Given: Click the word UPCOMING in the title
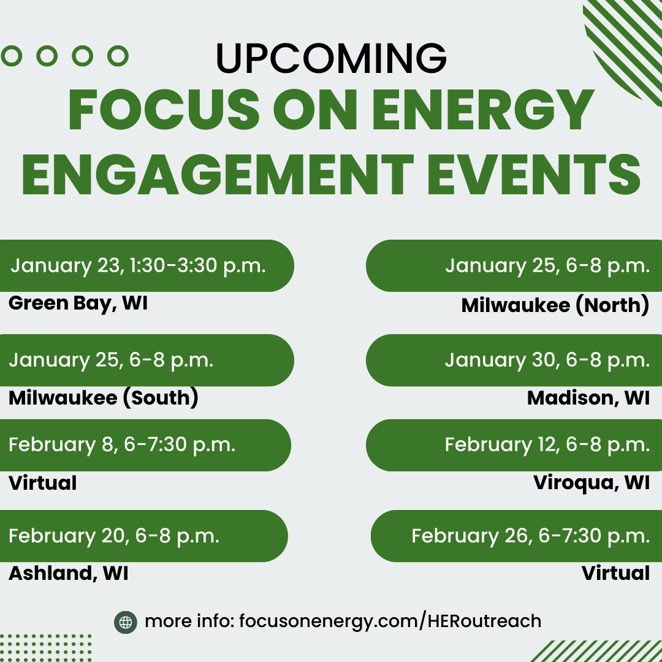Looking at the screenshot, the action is click(331, 58).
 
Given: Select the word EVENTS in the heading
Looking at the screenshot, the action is click(534, 174).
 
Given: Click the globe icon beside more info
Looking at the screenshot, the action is click(126, 622).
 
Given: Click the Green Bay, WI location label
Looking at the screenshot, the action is click(78, 303).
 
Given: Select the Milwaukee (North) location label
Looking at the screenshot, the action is click(555, 305).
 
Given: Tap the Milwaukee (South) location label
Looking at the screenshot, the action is click(104, 398).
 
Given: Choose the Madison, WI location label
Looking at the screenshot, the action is click(588, 398).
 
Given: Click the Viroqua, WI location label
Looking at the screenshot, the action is click(591, 482).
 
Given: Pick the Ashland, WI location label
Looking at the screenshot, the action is click(69, 573).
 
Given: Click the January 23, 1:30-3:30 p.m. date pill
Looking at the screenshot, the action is click(146, 265).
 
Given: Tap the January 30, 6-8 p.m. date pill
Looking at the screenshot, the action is click(514, 360).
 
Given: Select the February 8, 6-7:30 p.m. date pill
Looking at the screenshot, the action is click(145, 445).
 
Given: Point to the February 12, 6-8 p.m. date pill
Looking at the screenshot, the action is click(514, 445).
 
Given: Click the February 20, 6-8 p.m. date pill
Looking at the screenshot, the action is click(143, 536).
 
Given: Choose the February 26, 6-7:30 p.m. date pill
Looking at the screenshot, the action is click(516, 536).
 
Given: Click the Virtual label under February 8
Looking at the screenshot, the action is click(43, 483).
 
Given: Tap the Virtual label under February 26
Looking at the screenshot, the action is click(615, 573).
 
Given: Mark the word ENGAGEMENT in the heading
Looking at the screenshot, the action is click(218, 174).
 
